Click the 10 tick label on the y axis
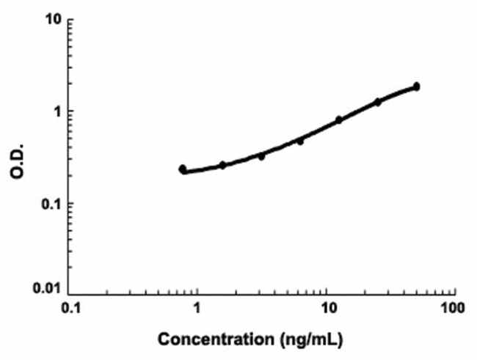pos(52,19)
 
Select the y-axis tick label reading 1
pos(56,111)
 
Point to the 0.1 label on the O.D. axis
pos(50,204)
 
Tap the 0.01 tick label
pos(47,292)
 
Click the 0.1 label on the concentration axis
pos(70,308)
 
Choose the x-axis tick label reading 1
pos(197,308)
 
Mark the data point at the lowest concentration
pos(183,169)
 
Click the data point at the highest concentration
pos(416,87)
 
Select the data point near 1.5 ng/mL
pos(222,165)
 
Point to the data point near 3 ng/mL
pos(261,156)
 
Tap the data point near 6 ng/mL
pos(300,141)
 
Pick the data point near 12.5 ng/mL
pos(339,120)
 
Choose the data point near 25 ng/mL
pos(378,102)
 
